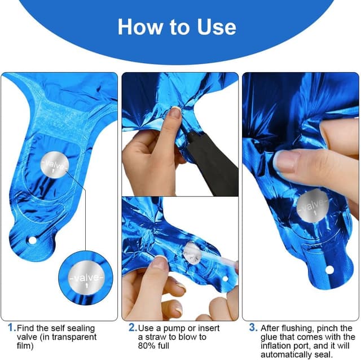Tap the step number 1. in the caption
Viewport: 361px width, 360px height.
tap(11, 328)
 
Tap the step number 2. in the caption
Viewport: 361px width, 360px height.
tap(133, 328)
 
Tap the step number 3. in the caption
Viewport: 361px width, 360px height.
tap(253, 328)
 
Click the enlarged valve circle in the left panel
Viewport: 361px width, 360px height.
tap(85, 278)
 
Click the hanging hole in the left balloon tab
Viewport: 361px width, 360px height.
tap(32, 240)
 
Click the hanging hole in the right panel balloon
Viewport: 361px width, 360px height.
tap(329, 269)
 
